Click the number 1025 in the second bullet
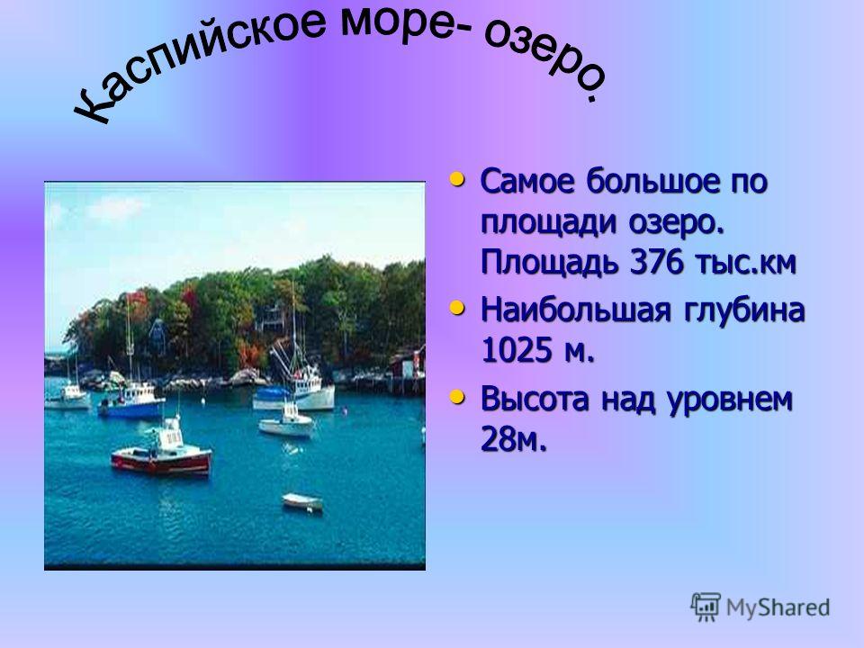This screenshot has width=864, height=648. [517, 349]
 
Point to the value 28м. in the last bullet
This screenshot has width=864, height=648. [514, 439]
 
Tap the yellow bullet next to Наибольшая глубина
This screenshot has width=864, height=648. [457, 308]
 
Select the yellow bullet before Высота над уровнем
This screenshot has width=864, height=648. [457, 396]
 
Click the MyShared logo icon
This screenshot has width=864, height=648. [706, 607]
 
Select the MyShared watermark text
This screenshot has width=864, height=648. [778, 607]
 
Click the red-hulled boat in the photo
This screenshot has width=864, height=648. [162, 451]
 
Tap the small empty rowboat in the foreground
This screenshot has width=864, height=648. [302, 501]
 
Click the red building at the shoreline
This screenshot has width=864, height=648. [409, 364]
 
